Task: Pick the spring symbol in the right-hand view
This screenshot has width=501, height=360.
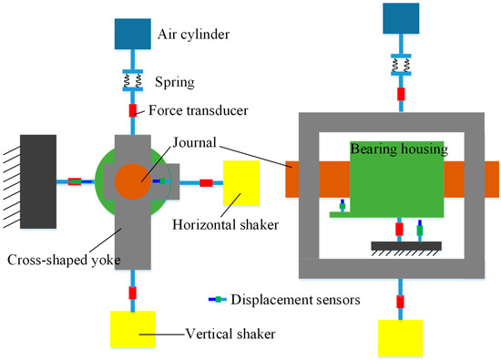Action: point(400,63)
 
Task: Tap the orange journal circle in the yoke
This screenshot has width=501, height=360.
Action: point(134,180)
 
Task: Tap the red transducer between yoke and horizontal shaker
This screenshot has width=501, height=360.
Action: point(206,183)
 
